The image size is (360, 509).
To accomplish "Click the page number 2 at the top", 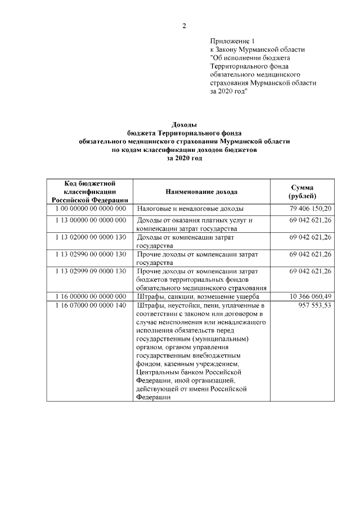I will [x=183, y=26].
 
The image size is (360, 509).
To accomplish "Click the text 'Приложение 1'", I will [x=232, y=42].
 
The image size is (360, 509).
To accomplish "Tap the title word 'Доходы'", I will [x=184, y=125].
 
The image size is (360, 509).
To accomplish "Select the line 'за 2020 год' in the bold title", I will [x=184, y=159].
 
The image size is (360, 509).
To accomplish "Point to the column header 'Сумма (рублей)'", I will [x=302, y=192].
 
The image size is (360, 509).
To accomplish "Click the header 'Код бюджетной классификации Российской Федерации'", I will [x=90, y=192].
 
